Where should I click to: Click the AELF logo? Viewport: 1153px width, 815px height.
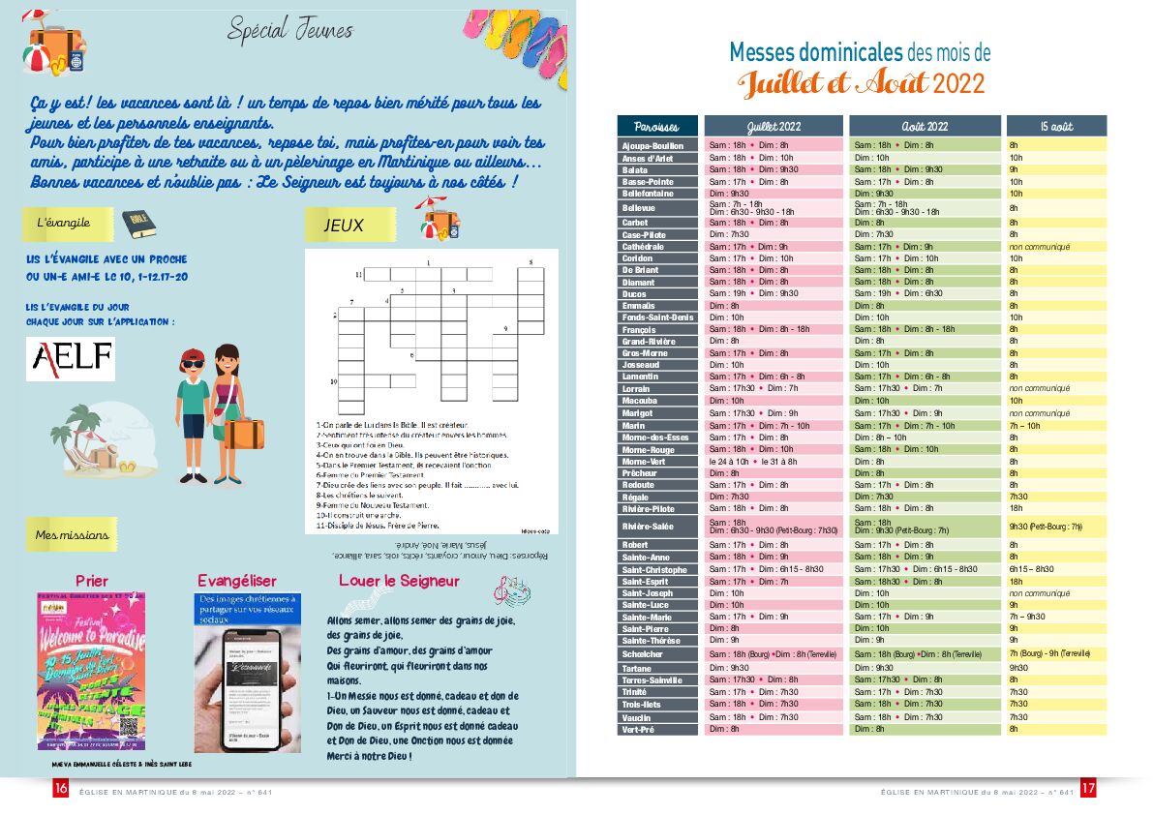click(x=70, y=359)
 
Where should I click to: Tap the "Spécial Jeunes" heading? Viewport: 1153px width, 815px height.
click(x=290, y=30)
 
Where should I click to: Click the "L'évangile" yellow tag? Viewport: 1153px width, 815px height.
click(x=64, y=223)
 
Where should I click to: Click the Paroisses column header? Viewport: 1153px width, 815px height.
click(x=657, y=127)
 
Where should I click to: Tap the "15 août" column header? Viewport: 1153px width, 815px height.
click(x=1056, y=127)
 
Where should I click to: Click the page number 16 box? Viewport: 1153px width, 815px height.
click(x=60, y=789)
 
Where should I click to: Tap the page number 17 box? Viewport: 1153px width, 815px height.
click(x=1088, y=789)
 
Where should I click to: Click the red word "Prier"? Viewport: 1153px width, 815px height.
click(x=92, y=581)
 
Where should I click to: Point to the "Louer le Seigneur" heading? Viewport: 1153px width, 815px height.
click(x=399, y=581)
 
